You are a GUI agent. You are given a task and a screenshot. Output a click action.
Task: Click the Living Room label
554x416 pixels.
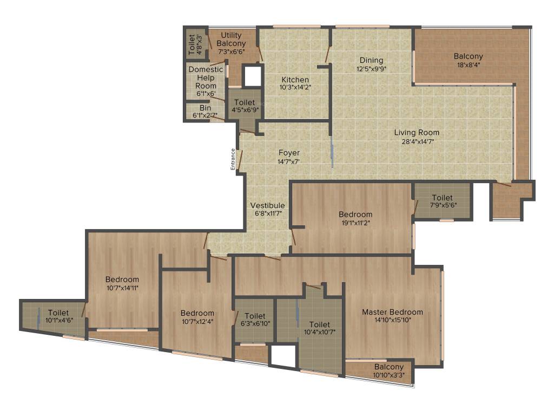417,133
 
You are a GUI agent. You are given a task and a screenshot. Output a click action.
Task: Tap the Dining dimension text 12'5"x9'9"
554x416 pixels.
371,69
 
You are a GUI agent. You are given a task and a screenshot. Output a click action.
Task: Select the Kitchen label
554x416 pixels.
295,80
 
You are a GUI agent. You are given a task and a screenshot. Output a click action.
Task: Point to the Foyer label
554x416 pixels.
289,153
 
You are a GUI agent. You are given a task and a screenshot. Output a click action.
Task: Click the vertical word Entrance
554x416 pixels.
233,160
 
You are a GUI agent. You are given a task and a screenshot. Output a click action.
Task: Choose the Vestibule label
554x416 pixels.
267,206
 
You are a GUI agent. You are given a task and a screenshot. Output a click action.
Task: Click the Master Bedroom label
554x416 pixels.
392,312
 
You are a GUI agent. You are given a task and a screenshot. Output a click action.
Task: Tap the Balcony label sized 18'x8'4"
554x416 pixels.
468,56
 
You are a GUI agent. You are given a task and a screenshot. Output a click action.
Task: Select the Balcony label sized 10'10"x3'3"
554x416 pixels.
388,367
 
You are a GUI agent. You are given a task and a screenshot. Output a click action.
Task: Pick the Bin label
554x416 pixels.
205,108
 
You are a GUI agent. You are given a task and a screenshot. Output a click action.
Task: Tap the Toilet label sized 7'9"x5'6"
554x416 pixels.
443,198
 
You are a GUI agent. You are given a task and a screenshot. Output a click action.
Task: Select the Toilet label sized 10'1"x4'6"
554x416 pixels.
58,313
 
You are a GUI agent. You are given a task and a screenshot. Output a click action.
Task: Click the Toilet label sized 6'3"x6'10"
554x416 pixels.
255,316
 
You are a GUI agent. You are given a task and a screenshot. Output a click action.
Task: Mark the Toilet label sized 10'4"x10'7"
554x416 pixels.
319,324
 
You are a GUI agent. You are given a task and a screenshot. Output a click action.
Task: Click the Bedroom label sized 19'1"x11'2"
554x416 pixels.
355,214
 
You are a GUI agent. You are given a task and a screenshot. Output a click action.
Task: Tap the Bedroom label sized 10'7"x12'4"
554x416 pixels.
197,313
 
